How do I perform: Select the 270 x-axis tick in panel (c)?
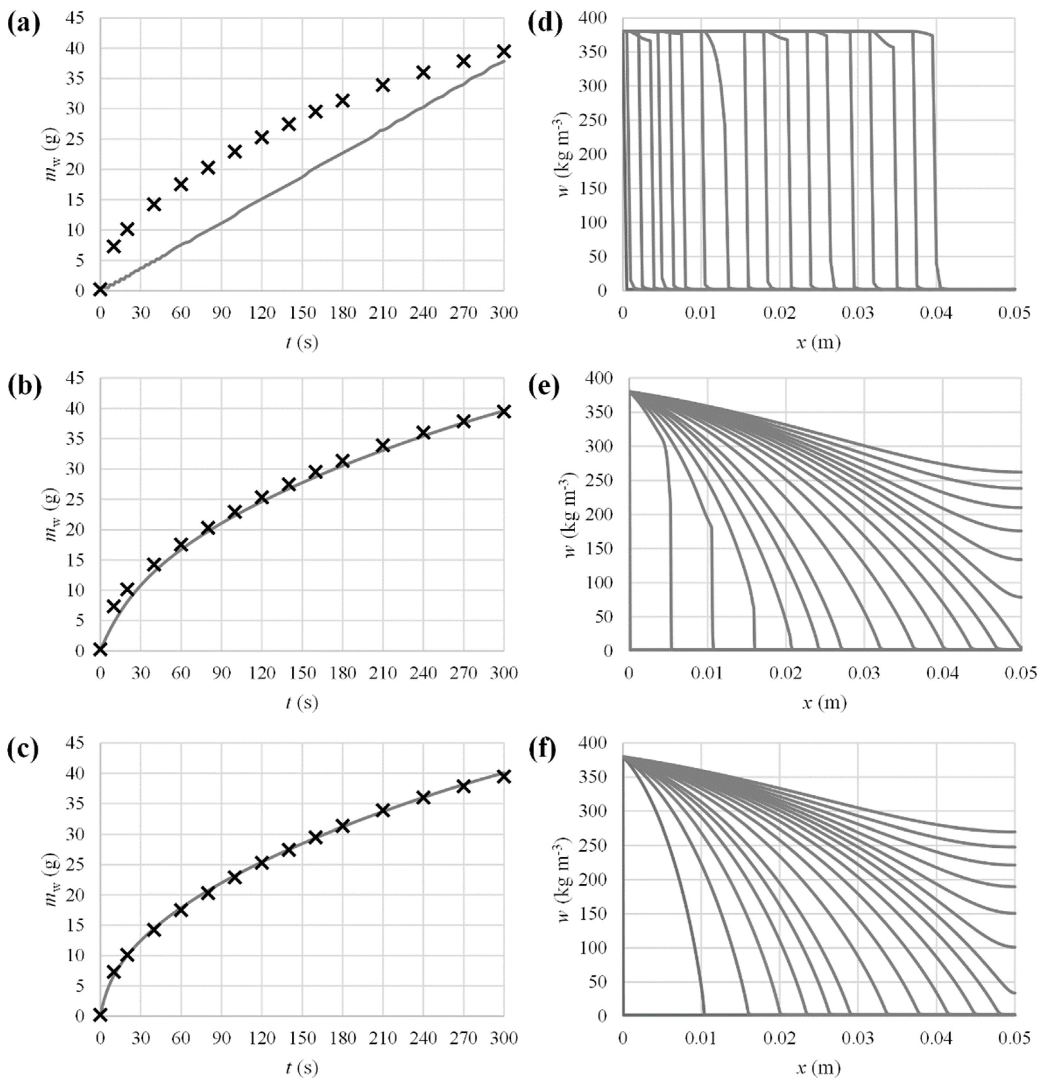(x=463, y=1039)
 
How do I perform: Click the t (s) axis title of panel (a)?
(x=302, y=342)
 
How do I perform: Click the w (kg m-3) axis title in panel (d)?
(x=565, y=154)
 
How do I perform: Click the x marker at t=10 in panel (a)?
(x=113, y=246)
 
